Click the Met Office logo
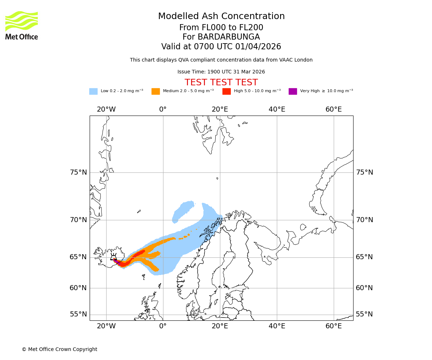point(22,25)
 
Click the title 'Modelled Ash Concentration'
point(221,16)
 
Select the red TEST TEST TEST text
point(221,82)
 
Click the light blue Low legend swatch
point(93,91)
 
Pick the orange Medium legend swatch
point(156,91)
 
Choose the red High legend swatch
point(226,91)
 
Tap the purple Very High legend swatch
point(293,91)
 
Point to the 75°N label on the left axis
point(78,172)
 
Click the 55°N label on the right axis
point(364,314)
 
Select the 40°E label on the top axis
point(277,109)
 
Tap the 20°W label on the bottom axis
point(106,327)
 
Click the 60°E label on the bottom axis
point(333,327)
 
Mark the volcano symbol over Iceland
point(113,257)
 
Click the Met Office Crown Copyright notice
point(59,349)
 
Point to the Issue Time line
point(221,72)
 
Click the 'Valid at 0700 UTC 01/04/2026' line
point(221,47)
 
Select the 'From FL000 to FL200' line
point(221,28)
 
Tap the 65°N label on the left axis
point(78,257)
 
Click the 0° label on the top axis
point(163,109)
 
